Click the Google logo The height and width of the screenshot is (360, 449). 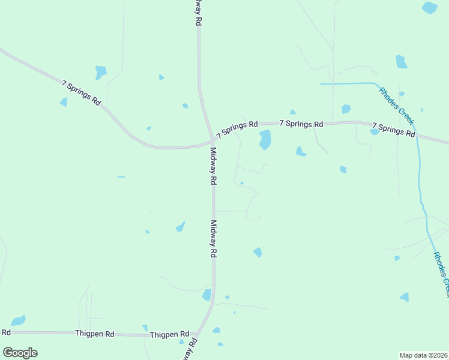[x=20, y=353]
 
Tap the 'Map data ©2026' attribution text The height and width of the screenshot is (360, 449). [x=423, y=355]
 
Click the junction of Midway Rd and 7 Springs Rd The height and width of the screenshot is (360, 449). [x=212, y=142]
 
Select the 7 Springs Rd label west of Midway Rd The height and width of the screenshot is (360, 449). [x=80, y=92]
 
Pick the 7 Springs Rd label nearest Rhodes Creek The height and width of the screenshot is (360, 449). [x=394, y=130]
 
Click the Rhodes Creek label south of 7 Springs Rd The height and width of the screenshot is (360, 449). [x=441, y=274]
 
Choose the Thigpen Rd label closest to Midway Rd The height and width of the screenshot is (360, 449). [x=169, y=334]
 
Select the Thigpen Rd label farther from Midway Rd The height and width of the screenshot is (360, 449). [x=94, y=333]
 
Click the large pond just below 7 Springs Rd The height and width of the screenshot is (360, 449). [x=264, y=140]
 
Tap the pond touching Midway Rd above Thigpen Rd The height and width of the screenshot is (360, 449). [x=207, y=295]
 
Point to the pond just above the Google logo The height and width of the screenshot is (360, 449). [x=19, y=320]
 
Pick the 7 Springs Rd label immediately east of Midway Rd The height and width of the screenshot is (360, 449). [x=238, y=128]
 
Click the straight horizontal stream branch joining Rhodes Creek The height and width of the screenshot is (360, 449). [x=347, y=84]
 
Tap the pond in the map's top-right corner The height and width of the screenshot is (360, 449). [x=430, y=7]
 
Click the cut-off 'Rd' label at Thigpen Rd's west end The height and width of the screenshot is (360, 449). [x=6, y=332]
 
